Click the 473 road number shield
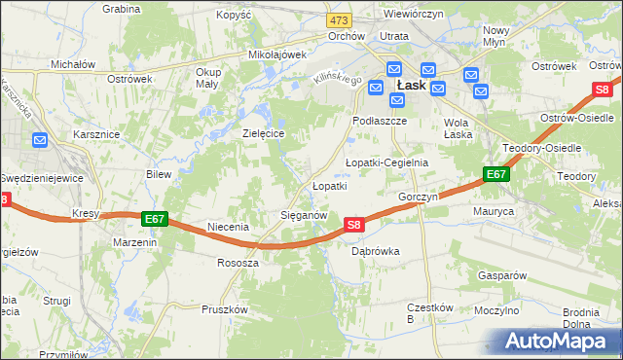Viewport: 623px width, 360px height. click(339, 20)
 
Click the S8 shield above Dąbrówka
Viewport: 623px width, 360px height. click(354, 225)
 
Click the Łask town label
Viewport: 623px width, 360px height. click(409, 86)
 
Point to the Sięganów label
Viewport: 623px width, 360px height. click(310, 214)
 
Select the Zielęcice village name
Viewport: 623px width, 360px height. click(263, 132)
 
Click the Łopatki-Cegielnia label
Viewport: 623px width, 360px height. click(386, 162)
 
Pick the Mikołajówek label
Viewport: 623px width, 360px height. click(277, 55)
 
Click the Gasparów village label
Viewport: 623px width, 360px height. click(502, 275)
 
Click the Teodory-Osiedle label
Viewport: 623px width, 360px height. click(541, 148)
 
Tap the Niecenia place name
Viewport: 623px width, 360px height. click(229, 227)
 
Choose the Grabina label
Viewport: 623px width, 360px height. click(122, 8)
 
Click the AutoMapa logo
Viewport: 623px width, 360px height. click(560, 342)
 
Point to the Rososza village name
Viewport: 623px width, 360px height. click(238, 263)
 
